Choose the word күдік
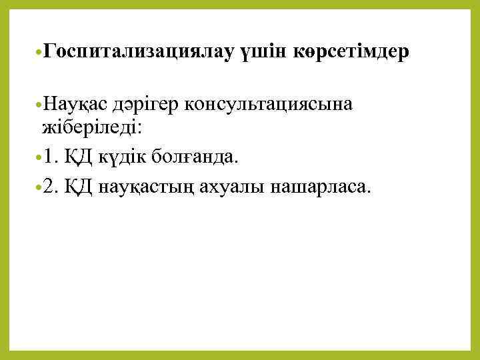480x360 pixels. pos(122,157)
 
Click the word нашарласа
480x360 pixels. pos(317,187)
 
